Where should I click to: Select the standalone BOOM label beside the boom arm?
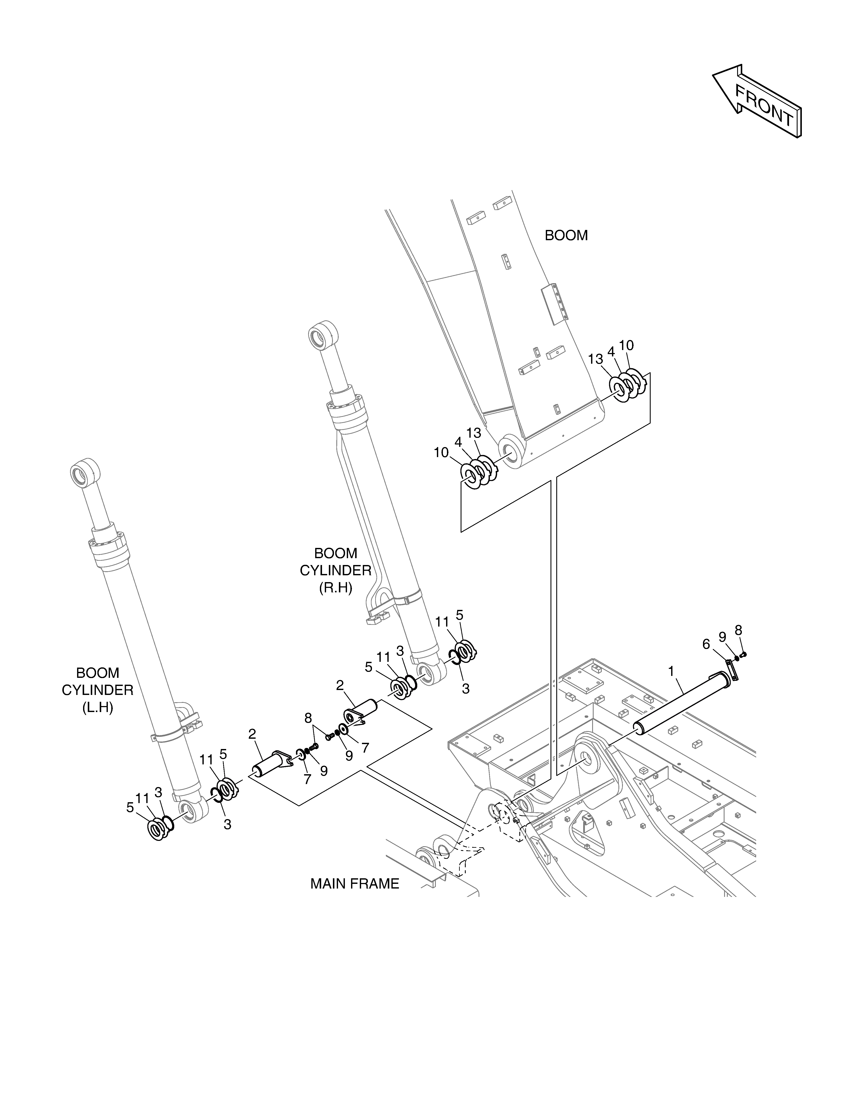pos(566,235)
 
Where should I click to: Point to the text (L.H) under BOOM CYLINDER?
pos(98,708)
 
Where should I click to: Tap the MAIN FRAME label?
pos(355,884)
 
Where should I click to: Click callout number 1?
pos(671,671)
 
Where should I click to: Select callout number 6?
pos(706,645)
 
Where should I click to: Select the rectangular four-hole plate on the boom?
pos(554,304)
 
